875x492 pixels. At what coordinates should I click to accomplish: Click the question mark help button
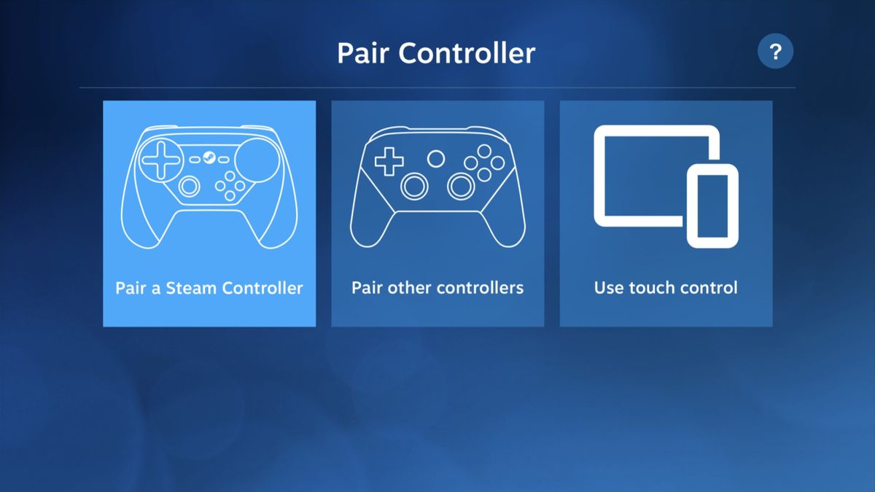(775, 52)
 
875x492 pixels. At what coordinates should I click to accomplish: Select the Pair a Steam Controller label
(209, 288)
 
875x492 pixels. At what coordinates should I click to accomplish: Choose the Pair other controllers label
(437, 288)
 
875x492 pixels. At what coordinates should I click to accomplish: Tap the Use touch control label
(666, 288)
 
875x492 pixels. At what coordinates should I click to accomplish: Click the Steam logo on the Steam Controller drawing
(209, 157)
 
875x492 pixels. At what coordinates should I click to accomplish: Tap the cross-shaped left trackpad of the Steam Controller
(160, 160)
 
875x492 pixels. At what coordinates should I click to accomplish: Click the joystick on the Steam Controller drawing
(190, 187)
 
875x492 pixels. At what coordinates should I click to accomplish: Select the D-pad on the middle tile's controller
(389, 161)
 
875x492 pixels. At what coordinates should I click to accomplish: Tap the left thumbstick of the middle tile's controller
(415, 187)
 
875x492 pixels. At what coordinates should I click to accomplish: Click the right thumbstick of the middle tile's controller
(461, 187)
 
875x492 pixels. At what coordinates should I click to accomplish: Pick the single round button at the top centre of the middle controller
(436, 158)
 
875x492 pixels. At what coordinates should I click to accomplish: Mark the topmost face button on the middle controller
(483, 151)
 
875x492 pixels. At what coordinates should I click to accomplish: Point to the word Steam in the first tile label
(192, 288)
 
